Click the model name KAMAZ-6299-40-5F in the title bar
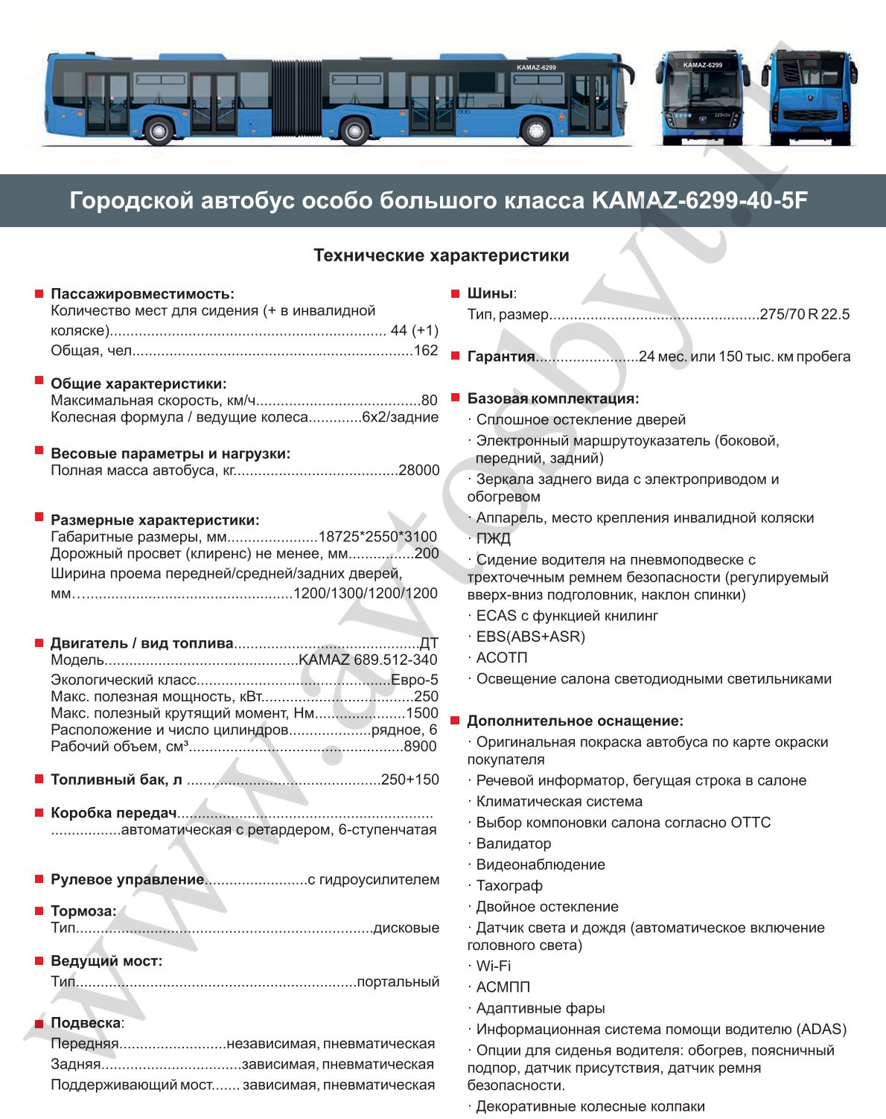700,201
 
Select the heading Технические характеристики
442,255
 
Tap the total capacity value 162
426,351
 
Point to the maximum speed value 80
430,401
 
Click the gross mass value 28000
419,470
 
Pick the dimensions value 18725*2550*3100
377,537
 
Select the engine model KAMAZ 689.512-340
368,660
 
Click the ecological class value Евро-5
415,680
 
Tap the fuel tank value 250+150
410,780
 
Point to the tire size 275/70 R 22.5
805,314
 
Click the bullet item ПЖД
493,538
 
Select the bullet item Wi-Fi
493,966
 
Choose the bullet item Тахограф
509,885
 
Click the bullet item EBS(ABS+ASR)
530,637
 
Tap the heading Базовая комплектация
552,398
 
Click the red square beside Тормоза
39,911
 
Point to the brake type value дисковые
406,928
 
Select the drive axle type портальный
398,981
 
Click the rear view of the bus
812,97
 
